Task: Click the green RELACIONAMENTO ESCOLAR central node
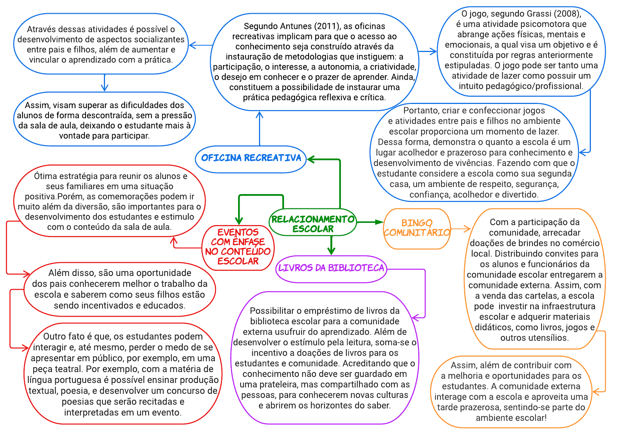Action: [313, 223]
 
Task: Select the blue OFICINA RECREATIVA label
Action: [251, 158]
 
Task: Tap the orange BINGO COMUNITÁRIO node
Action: [417, 228]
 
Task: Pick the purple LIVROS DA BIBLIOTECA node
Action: [331, 268]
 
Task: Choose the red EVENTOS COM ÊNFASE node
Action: [238, 247]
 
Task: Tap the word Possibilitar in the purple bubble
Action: [272, 311]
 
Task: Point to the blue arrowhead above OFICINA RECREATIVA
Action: [260, 114]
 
